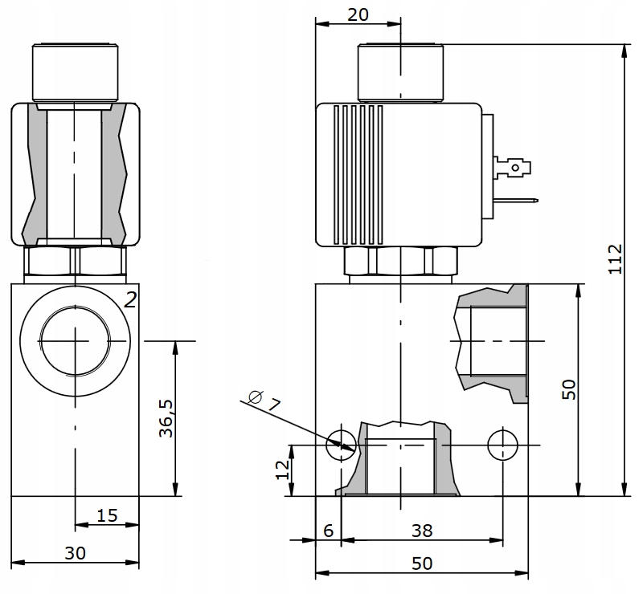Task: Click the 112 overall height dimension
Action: click(x=616, y=259)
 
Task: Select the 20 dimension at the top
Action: click(x=358, y=14)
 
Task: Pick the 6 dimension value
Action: click(x=328, y=531)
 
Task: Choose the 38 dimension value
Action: click(x=420, y=531)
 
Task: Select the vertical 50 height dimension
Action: click(x=568, y=390)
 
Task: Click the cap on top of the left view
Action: click(x=73, y=71)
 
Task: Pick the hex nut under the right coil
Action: click(x=399, y=261)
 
